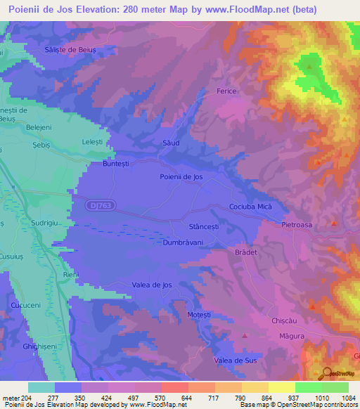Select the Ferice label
coord(226,91)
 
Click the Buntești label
coord(98,163)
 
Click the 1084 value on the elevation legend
coord(345,398)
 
